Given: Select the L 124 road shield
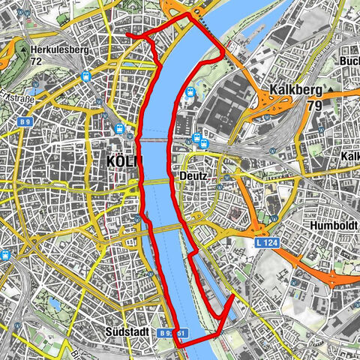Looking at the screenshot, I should click(266, 244).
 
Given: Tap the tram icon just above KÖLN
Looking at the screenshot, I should click(119, 129).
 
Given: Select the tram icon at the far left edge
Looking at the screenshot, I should click(6, 254).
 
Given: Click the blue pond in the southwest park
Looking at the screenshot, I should click(54, 304).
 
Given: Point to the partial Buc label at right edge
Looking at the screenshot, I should click(349, 61).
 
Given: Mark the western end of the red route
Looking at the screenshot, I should click(127, 34).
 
